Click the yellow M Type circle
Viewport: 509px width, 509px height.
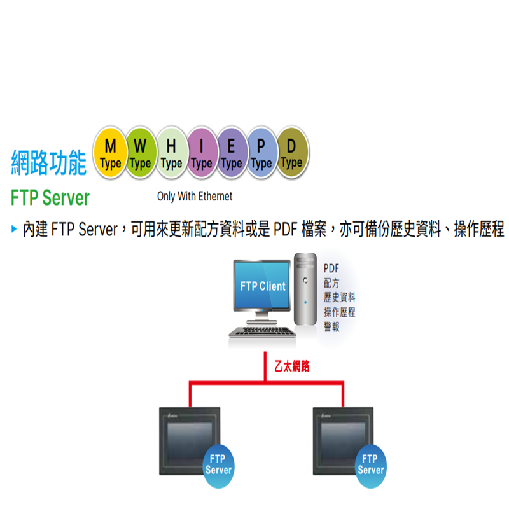111,153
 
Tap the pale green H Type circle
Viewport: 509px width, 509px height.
171,153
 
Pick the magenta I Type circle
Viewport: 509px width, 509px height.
201,153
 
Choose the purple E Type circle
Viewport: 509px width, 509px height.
232,153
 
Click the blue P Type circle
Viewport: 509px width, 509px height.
261,153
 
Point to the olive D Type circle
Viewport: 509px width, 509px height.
291,153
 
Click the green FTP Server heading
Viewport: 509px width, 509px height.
50,198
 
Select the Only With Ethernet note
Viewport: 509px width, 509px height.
195,197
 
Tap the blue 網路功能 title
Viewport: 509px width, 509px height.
49,164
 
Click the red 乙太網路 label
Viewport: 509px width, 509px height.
291,367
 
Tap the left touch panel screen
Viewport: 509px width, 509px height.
189,439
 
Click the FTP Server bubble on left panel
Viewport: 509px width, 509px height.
218,465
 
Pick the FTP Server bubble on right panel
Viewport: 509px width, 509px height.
370,465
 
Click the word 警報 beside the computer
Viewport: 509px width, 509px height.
331,327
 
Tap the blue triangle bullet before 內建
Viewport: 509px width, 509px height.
14,229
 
